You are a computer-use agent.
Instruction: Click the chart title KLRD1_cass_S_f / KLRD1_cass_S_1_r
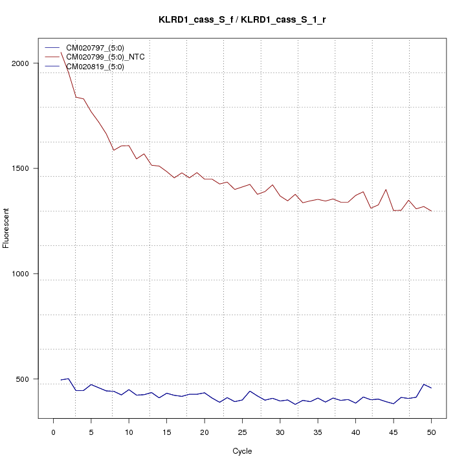[x=242, y=19]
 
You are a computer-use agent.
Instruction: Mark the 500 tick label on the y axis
[x=22, y=379]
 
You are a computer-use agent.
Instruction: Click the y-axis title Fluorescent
[x=7, y=228]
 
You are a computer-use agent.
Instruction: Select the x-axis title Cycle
[x=242, y=451]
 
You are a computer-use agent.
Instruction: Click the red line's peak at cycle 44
[x=386, y=190]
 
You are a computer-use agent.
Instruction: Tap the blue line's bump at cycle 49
[x=423, y=384]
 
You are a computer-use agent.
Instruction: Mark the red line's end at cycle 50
[x=431, y=211]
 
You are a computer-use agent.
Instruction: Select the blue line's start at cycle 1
[x=61, y=380]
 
